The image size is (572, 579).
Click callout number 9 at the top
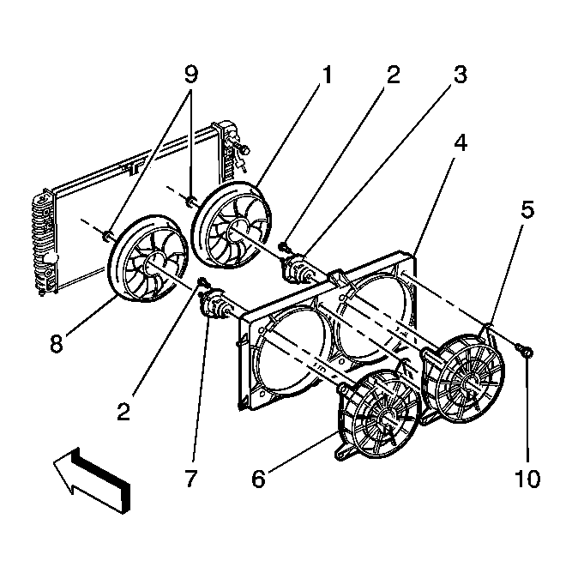[191, 75]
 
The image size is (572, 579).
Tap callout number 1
[326, 75]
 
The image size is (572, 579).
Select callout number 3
[461, 75]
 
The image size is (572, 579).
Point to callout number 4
[461, 142]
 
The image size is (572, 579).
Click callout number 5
[527, 210]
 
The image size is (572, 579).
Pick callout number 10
[527, 479]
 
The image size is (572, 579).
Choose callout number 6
[258, 479]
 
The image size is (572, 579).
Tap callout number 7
[191, 479]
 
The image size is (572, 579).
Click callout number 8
[57, 344]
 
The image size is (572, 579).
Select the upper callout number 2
[393, 75]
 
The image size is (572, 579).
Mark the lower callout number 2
[123, 411]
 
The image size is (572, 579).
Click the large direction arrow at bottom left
[92, 479]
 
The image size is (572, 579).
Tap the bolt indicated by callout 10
[524, 351]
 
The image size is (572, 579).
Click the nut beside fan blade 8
[106, 235]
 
